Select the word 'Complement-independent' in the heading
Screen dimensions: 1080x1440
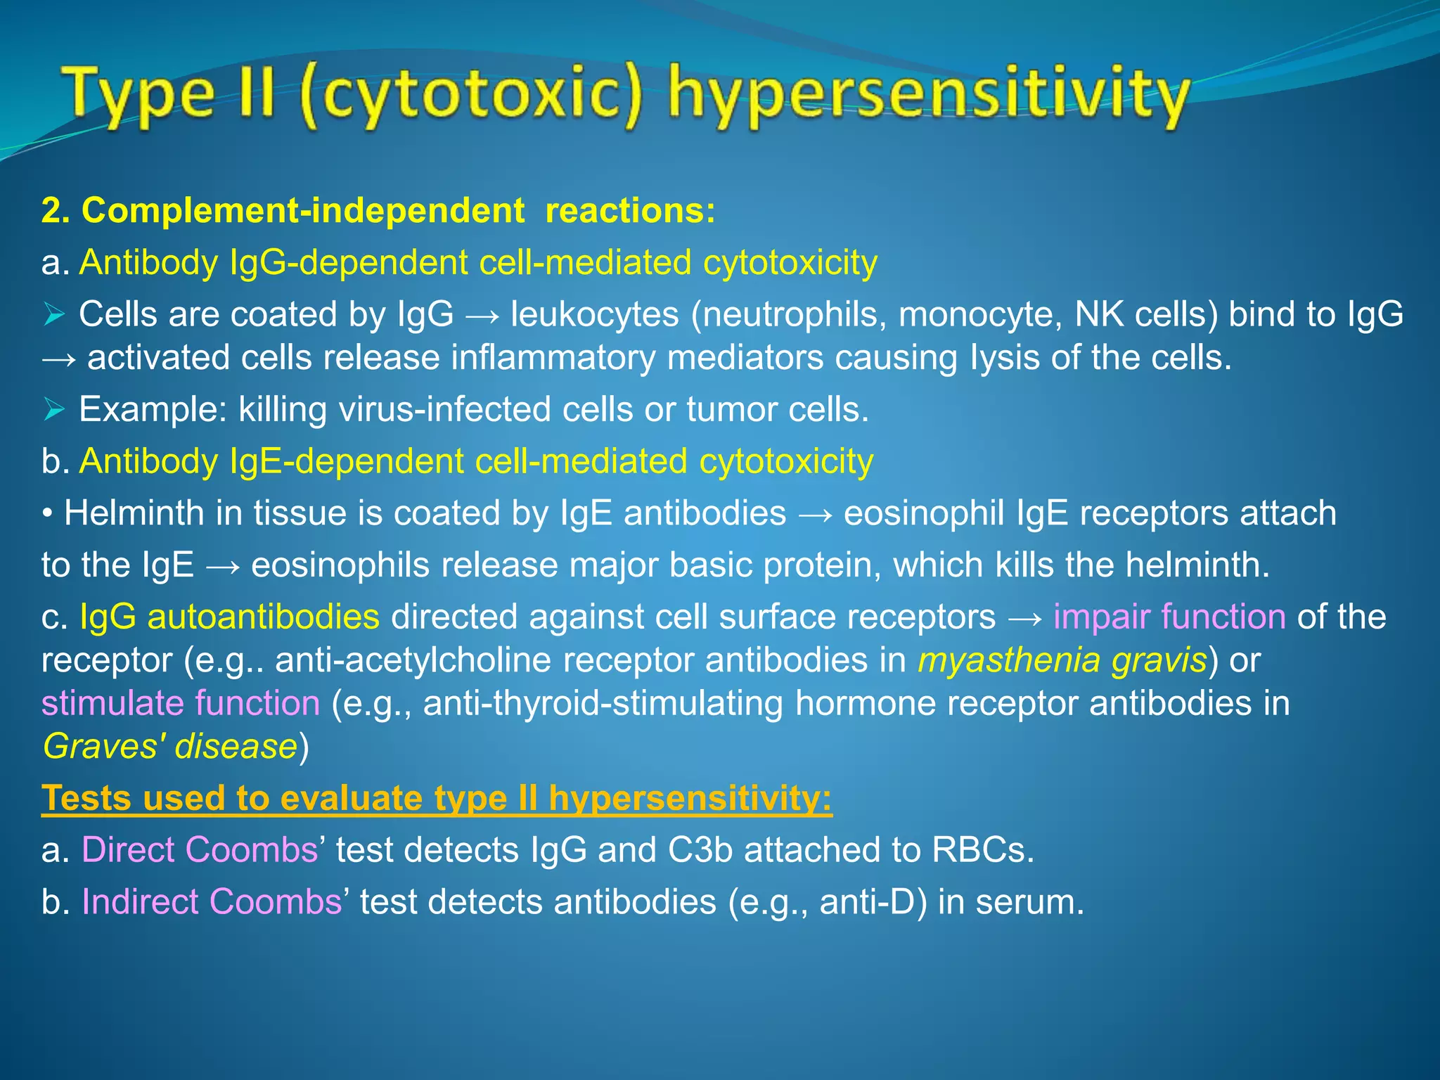(x=303, y=210)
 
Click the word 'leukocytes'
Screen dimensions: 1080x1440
(x=595, y=314)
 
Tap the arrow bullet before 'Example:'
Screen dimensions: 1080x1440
(x=54, y=409)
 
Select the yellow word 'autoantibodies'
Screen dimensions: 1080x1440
(x=263, y=617)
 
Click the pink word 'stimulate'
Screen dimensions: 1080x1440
(x=112, y=703)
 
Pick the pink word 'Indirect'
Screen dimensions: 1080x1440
(x=140, y=901)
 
